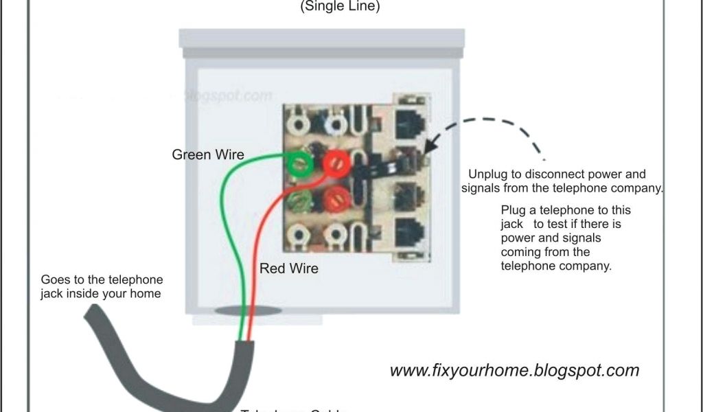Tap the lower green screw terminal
[300, 201]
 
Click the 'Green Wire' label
[207, 154]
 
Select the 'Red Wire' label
[288, 268]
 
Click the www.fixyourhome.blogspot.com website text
[514, 371]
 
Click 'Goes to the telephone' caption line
[102, 280]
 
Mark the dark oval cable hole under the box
[248, 311]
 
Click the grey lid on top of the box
[321, 38]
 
